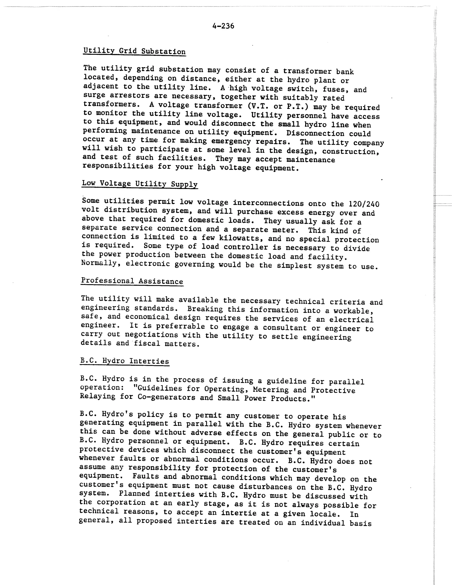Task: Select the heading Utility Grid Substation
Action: [134, 51]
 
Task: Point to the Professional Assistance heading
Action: [132, 281]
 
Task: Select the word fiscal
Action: [147, 343]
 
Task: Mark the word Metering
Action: [271, 389]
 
